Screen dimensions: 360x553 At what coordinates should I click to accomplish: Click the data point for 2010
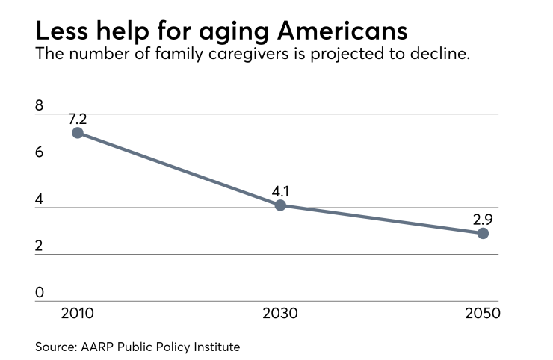78,133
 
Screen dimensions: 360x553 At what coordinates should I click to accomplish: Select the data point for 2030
280,205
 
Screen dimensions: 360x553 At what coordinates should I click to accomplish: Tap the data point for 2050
483,233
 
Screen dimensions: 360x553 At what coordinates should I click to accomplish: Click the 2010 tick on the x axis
78,313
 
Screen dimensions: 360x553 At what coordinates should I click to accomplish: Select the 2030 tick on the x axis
280,313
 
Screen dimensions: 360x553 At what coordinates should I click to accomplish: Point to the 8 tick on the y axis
40,106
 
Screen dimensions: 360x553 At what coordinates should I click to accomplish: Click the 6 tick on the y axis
40,152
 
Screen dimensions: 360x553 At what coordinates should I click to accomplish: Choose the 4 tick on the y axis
40,199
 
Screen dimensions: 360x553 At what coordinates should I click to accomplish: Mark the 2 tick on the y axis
40,246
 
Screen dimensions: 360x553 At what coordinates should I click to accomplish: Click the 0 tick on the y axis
40,293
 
